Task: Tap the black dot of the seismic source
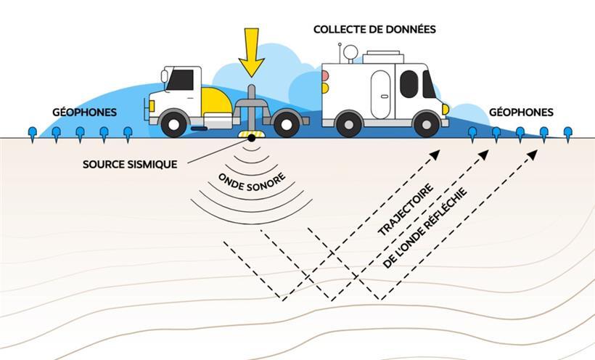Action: (x=252, y=137)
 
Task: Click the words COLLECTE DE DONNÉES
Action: (x=374, y=30)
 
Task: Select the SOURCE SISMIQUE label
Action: (x=130, y=164)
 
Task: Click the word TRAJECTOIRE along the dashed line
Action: (x=406, y=209)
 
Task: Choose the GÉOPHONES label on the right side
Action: (x=521, y=112)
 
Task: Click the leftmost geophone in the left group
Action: (x=32, y=133)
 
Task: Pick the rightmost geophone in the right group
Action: (x=567, y=133)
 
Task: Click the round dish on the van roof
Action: (x=350, y=53)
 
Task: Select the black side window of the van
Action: (x=409, y=84)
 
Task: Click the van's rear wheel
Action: (x=349, y=123)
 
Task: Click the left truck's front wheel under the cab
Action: (x=175, y=123)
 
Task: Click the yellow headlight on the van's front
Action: (x=446, y=110)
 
